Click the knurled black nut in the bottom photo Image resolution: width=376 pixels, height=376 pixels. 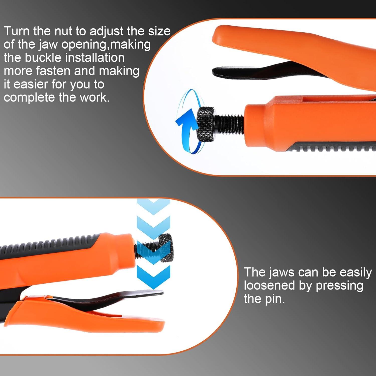point(166,248)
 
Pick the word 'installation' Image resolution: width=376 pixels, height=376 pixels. point(95,58)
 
